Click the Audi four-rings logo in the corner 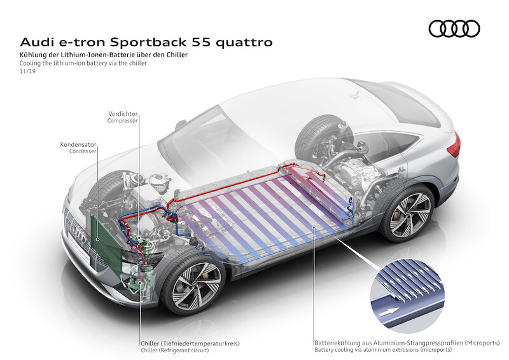(x=454, y=28)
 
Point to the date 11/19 (x=27, y=73)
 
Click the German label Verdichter (x=123, y=113)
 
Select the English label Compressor (x=122, y=120)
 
